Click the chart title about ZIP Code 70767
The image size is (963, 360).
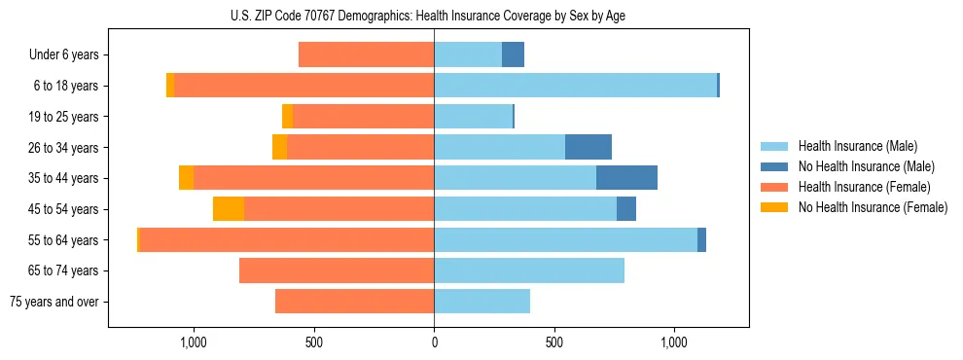pos(434,16)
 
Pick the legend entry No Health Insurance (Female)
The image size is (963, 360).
pos(873,207)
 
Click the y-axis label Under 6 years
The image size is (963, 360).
pos(64,55)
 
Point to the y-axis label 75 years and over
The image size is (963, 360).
pos(53,302)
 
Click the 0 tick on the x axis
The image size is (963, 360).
pos(434,342)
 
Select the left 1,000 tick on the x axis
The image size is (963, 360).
pos(194,342)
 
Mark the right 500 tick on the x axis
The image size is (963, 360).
pos(554,342)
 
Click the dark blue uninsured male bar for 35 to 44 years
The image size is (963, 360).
pos(626,178)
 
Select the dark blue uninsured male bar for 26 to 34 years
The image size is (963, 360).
pos(588,147)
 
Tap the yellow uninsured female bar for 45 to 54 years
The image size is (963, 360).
pos(229,209)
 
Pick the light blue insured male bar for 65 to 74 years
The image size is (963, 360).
pos(529,270)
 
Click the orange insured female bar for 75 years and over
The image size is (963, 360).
pos(354,302)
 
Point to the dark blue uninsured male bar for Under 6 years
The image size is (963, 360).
pos(513,55)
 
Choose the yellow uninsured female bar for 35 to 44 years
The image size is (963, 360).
pos(186,178)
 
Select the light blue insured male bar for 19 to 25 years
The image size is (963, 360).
pos(473,117)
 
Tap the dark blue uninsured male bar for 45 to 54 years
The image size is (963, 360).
pos(626,209)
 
